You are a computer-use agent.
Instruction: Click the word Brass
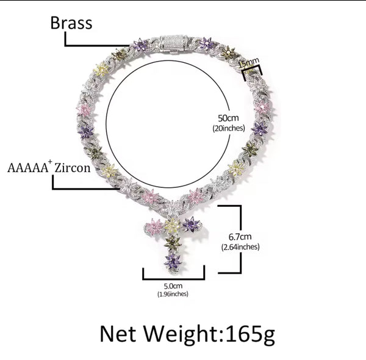[71, 23]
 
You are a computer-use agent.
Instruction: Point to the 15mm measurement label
[249, 61]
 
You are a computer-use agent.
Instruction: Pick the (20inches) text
[228, 128]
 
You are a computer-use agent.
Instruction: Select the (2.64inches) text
[240, 247]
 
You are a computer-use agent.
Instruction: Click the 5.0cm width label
[173, 285]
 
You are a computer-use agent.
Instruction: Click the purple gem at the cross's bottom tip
[173, 261]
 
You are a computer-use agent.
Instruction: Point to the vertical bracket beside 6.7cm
[240, 238]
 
